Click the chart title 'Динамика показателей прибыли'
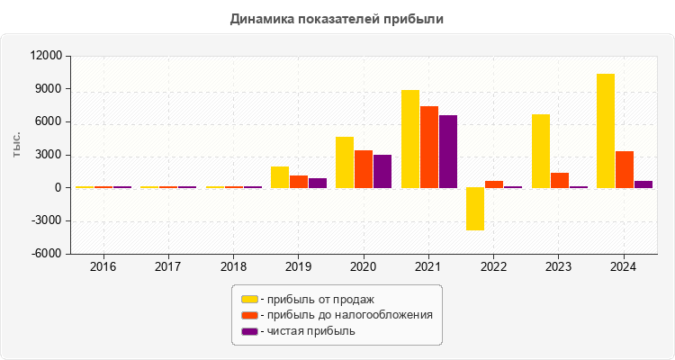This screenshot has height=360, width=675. pos(337,18)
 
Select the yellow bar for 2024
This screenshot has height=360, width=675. pos(606,131)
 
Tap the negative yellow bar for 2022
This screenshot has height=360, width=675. pos(475,209)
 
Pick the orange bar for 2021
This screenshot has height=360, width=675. pos(429,148)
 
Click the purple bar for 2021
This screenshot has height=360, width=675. pos(448,152)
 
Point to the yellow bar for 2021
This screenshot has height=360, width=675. pos(410,139)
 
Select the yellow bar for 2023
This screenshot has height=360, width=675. pos(541,151)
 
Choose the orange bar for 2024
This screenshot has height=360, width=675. pos(625,170)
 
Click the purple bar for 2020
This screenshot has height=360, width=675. pos(382,172)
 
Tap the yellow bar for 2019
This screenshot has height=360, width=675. pos(280,177)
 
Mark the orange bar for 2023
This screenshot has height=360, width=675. pos(560,181)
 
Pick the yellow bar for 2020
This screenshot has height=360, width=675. pos(345,163)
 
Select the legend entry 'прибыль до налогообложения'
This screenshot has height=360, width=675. pos(347,315)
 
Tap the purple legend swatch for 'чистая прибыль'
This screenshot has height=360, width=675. pos(249,331)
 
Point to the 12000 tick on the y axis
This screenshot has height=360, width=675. pos(46,56)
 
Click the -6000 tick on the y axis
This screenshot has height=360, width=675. pos(46,254)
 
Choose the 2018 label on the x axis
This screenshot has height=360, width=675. pos(233,267)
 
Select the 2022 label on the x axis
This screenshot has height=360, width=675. pos(493,267)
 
